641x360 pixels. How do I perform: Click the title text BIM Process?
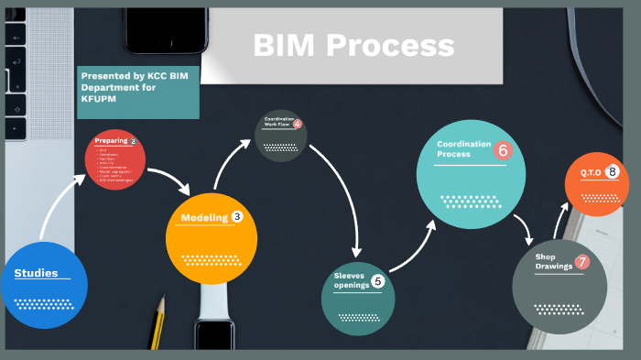pyautogui.click(x=353, y=45)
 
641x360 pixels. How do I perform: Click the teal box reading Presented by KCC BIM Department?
pyautogui.click(x=137, y=92)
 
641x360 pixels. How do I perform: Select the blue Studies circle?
pyautogui.click(x=44, y=284)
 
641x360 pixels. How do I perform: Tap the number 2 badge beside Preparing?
pyautogui.click(x=133, y=141)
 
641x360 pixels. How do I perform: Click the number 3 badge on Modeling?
pyautogui.click(x=237, y=217)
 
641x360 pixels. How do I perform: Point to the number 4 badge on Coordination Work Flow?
pyautogui.click(x=297, y=125)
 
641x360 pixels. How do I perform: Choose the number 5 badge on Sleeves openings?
pyautogui.click(x=378, y=281)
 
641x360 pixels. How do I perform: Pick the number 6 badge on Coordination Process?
pyautogui.click(x=502, y=150)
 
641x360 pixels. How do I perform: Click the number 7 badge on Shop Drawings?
pyautogui.click(x=581, y=262)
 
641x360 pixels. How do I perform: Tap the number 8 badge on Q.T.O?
pyautogui.click(x=612, y=171)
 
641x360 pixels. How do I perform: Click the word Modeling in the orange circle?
pyautogui.click(x=203, y=217)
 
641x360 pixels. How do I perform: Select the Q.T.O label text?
pyautogui.click(x=591, y=172)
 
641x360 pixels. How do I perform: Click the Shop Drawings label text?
pyautogui.click(x=553, y=261)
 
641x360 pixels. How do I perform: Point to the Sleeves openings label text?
pyautogui.click(x=351, y=279)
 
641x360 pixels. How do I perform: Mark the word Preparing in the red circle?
pyautogui.click(x=111, y=141)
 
